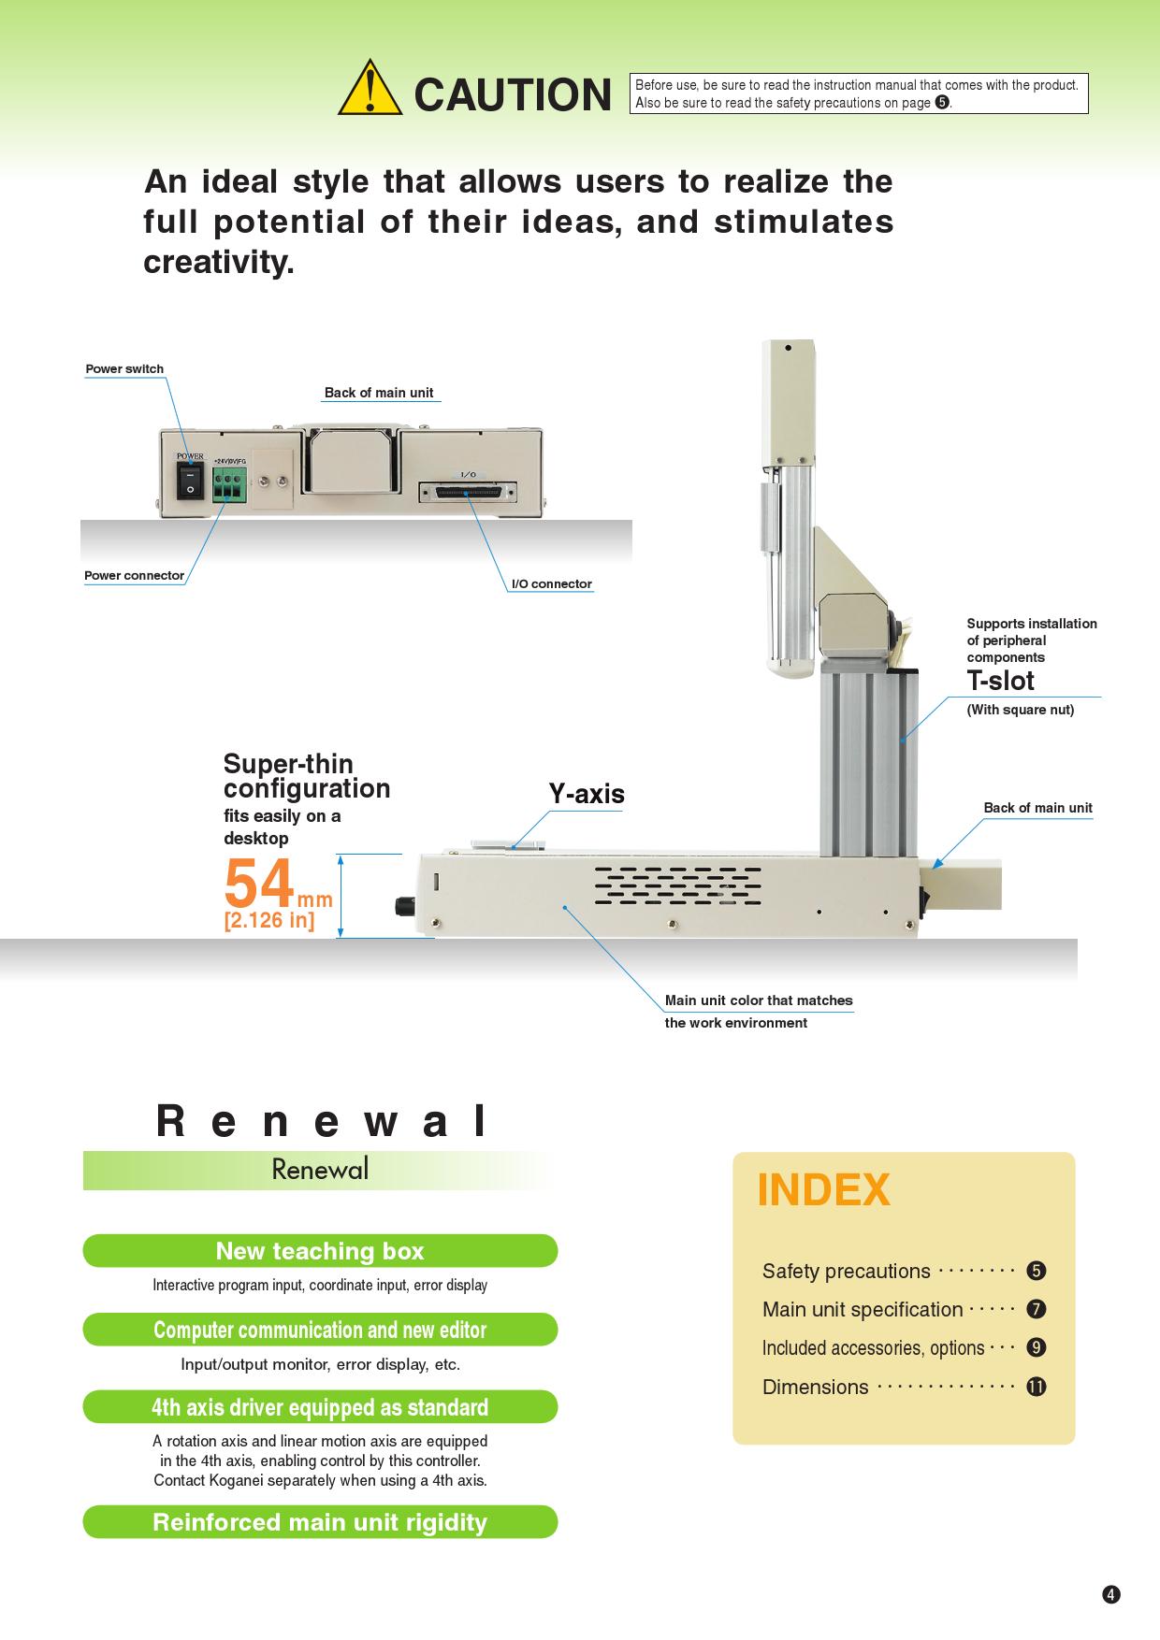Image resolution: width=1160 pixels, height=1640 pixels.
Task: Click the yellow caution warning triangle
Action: pos(370,91)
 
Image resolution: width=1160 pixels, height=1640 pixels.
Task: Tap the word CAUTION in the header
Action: pos(512,94)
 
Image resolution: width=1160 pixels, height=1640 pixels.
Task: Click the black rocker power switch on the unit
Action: pos(190,481)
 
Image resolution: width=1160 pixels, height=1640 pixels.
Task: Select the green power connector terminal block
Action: pos(229,484)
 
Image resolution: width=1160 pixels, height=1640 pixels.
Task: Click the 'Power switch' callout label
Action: pos(124,369)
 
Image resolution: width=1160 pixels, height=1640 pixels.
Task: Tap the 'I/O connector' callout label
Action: pos(551,584)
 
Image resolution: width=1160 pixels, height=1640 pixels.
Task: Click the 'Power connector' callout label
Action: pos(134,576)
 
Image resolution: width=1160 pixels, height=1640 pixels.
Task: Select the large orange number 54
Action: pos(259,884)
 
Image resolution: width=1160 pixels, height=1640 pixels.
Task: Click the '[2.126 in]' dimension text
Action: pos(268,920)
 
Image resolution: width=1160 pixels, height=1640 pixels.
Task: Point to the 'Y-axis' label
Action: pos(586,795)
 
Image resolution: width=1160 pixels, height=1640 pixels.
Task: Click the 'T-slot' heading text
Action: pos(1000,681)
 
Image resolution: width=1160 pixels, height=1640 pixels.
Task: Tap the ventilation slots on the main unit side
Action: pos(677,885)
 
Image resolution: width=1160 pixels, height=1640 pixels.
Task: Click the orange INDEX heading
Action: pos(823,1190)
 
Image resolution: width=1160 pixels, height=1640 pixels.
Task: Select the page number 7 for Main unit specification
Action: pos(1036,1309)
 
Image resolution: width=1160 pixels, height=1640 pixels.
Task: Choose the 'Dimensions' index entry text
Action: pos(815,1388)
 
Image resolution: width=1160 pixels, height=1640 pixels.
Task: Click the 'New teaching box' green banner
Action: pos(320,1251)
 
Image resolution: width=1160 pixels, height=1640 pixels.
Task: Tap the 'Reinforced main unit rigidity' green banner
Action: pos(320,1522)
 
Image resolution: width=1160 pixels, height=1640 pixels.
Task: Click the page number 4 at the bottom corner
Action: pos(1110,1595)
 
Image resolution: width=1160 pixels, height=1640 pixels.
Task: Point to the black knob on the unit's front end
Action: pos(406,906)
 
